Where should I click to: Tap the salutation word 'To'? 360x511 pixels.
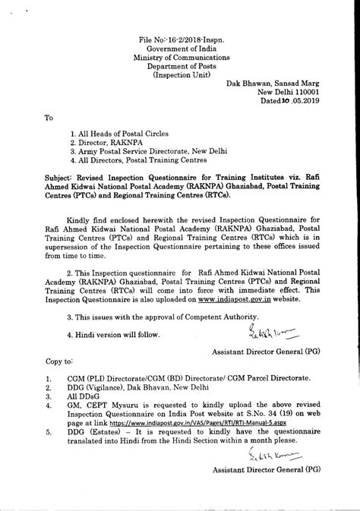[x=49, y=118]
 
